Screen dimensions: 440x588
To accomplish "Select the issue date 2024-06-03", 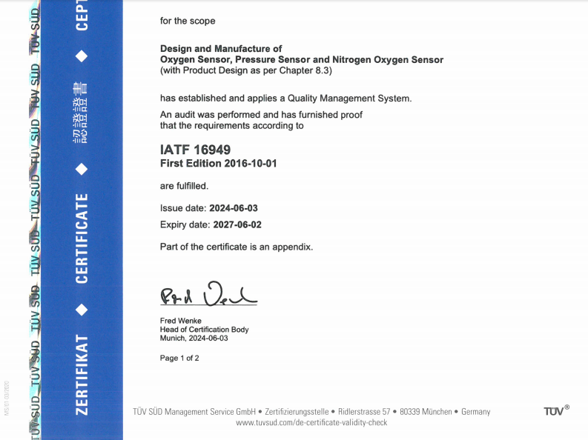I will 234,208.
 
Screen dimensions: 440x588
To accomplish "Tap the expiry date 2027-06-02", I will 237,224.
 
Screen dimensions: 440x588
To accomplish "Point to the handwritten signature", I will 208,296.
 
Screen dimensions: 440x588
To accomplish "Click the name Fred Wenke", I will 181,320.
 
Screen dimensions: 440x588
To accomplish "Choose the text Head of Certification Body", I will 205,329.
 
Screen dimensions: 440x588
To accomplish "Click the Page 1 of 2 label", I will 179,358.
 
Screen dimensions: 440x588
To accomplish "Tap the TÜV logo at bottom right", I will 555,411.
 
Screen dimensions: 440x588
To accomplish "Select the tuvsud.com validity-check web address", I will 311,422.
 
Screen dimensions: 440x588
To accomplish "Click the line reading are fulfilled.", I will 184,185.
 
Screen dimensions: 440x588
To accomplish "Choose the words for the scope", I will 188,21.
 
